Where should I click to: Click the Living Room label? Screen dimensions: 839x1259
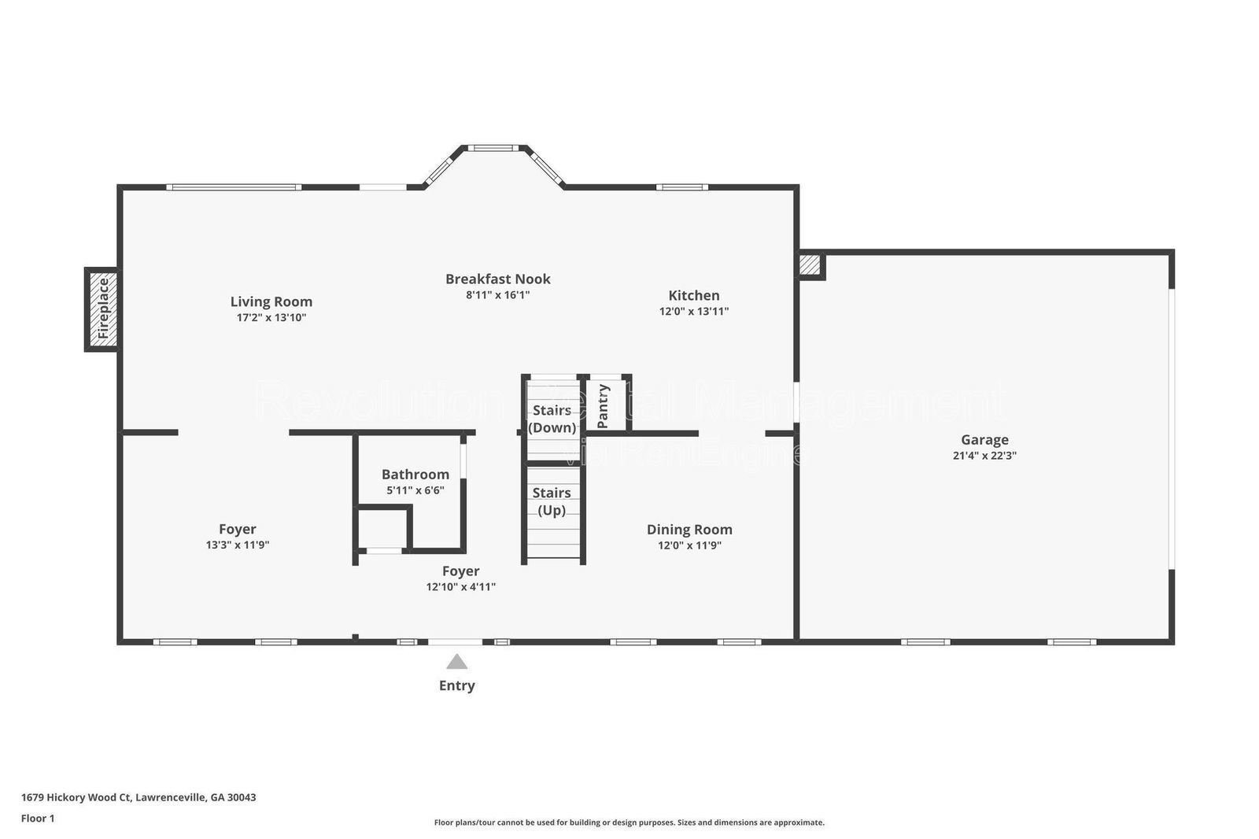(271, 301)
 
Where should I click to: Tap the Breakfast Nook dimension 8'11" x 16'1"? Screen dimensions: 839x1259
(497, 295)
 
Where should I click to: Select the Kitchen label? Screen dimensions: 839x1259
(693, 295)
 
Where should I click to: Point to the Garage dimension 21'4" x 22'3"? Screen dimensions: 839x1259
(984, 455)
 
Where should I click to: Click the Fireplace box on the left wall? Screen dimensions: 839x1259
(102, 309)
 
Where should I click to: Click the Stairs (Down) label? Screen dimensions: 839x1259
(552, 419)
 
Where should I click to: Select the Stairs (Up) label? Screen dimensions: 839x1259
(552, 501)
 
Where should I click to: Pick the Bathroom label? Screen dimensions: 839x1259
(415, 474)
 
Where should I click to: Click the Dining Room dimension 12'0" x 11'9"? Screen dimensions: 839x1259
(689, 545)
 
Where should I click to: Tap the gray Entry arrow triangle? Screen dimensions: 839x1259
(456, 662)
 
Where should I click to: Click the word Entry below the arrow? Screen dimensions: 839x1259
(456, 686)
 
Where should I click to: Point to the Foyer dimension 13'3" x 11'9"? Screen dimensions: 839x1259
(237, 545)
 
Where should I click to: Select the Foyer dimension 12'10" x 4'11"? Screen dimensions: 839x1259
(460, 586)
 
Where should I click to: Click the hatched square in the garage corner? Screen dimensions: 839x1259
(810, 265)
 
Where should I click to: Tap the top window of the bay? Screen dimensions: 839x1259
(493, 148)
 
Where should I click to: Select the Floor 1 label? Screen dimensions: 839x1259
(38, 819)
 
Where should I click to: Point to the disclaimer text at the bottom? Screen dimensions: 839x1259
(629, 822)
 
